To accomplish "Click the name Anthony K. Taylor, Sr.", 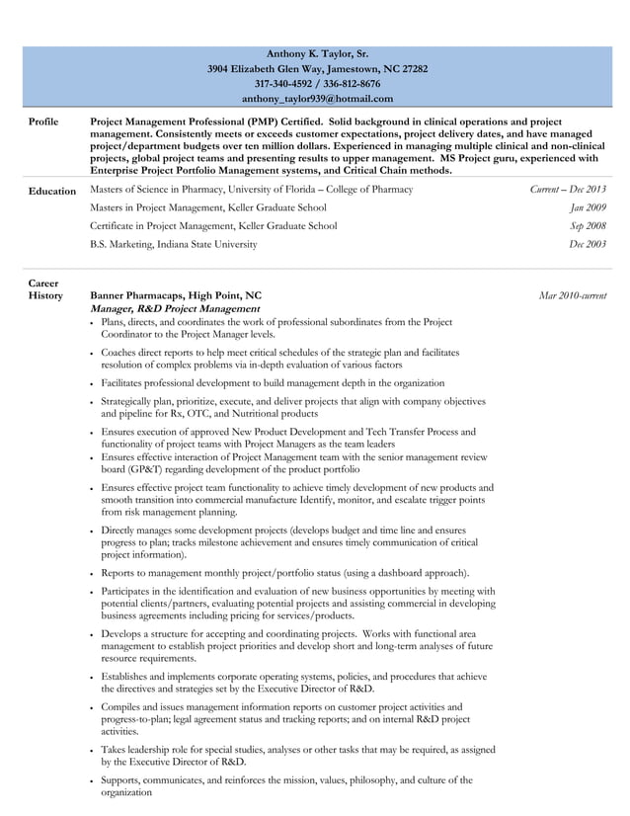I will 317,53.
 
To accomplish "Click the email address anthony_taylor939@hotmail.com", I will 317,99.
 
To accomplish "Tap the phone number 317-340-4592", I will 284,84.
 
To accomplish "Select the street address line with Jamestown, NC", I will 317,69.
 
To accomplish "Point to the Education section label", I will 51,191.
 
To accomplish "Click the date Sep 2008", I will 588,225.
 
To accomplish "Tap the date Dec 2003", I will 588,244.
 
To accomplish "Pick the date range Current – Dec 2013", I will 568,190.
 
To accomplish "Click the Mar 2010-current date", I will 573,295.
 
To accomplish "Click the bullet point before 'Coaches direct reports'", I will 92,353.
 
